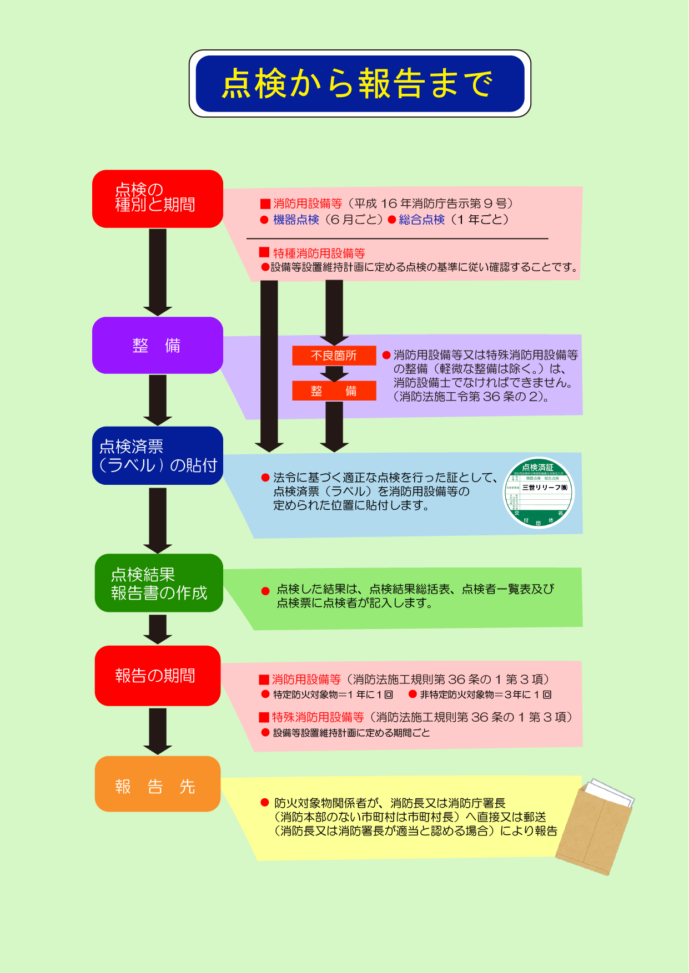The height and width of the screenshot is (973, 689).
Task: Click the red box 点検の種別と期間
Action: pos(158,199)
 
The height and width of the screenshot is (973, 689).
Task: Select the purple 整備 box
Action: pos(158,345)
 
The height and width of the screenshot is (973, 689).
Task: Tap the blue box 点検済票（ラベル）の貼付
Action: pos(158,455)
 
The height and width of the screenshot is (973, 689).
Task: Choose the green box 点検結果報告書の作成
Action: pos(159,583)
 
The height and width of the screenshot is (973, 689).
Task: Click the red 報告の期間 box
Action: pos(158,676)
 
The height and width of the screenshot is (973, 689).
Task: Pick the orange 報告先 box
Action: pos(158,784)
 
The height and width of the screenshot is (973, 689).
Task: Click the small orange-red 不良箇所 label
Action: pos(334,356)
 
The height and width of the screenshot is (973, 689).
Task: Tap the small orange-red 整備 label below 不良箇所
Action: pos(334,391)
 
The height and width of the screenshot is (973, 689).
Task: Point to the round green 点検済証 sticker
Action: pos(538,493)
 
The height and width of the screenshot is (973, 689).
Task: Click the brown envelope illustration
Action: pos(595,827)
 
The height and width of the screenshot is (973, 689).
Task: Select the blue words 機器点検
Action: pos(296,220)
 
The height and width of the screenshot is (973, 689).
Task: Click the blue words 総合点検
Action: pos(421,220)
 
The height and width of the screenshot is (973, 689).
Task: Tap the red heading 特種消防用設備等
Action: pos(319,254)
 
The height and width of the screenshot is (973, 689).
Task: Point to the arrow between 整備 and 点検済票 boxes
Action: pos(158,399)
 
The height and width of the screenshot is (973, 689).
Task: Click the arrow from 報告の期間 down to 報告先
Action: pos(158,731)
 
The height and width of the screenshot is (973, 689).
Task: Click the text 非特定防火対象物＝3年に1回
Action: pos(485,695)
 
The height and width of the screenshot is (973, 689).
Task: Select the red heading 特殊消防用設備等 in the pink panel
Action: pos(318,717)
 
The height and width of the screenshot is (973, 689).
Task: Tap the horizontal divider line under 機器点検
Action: pos(397,239)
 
